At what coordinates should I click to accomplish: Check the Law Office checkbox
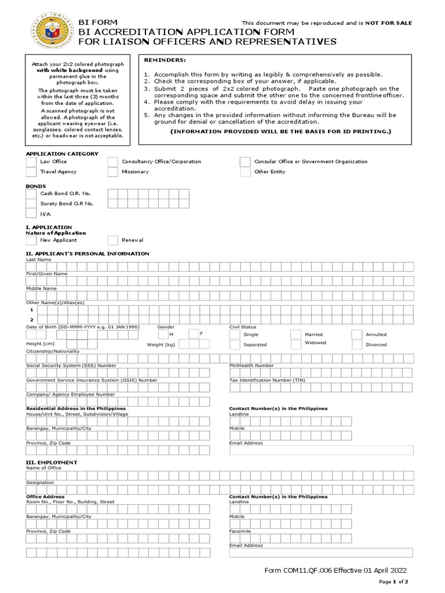pyautogui.click(x=31, y=162)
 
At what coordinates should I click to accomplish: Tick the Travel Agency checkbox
pyautogui.click(x=31, y=172)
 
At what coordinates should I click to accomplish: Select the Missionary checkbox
pyautogui.click(x=113, y=172)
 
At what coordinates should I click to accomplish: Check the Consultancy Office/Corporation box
pyautogui.click(x=113, y=162)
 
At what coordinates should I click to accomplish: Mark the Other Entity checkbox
pyautogui.click(x=245, y=172)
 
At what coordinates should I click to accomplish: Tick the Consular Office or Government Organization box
pyautogui.click(x=245, y=162)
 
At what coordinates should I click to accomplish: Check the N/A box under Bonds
pyautogui.click(x=31, y=214)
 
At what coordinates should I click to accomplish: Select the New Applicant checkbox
pyautogui.click(x=31, y=240)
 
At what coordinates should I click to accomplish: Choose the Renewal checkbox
pyautogui.click(x=113, y=240)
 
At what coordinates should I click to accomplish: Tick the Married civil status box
pyautogui.click(x=296, y=335)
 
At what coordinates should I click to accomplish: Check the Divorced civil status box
pyautogui.click(x=356, y=345)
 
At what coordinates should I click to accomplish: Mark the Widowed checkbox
pyautogui.click(x=296, y=344)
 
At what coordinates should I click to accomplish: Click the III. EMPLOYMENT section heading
pyautogui.click(x=52, y=463)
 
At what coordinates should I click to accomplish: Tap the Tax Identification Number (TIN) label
pyautogui.click(x=267, y=380)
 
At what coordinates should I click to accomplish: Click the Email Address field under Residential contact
pyautogui.click(x=321, y=451)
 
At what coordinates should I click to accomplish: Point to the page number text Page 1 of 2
pyautogui.click(x=393, y=581)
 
